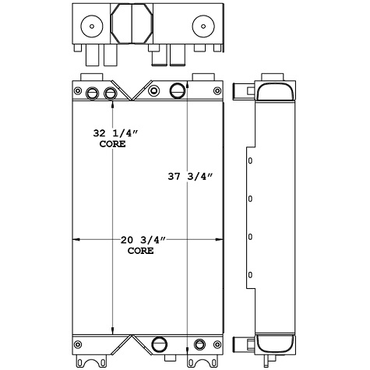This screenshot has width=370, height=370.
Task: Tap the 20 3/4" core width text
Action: (140, 241)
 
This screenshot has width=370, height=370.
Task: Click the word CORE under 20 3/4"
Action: (140, 252)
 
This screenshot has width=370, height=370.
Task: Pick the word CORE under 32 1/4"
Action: (113, 145)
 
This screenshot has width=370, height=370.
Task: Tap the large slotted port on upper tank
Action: (178, 90)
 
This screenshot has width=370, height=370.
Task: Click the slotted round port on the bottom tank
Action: (160, 344)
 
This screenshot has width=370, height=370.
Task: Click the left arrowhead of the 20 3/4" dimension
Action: (76, 239)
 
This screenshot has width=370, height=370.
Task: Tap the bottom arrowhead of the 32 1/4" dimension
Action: (113, 329)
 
